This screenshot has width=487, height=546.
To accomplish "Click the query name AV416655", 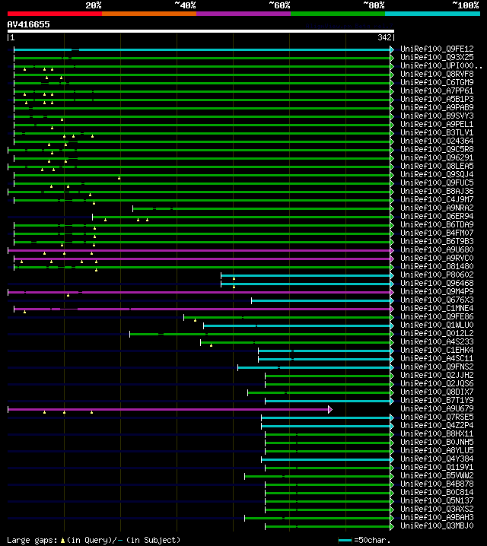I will click(x=29, y=24).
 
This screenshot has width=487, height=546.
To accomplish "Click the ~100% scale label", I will click(x=464, y=5).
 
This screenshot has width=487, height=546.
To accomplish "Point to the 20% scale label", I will click(x=94, y=5).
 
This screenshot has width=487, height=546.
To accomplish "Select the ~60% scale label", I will click(x=279, y=5).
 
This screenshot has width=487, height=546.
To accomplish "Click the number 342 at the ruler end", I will click(x=384, y=37).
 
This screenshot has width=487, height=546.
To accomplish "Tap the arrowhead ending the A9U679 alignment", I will click(x=330, y=409).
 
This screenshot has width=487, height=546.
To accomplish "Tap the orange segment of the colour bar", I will click(x=148, y=14).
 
